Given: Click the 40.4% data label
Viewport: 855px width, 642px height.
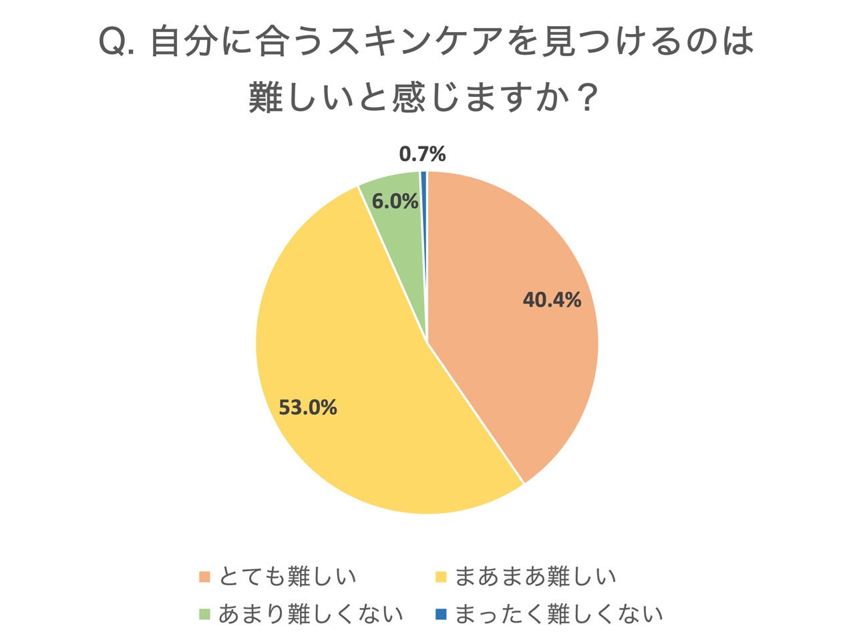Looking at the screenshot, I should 552,300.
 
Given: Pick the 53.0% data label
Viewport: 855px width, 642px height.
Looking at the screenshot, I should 307,407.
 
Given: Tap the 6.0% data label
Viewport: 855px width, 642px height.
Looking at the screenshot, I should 395,201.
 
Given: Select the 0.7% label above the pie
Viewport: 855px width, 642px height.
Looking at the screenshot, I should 422,154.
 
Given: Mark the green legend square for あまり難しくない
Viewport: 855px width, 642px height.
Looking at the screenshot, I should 204,614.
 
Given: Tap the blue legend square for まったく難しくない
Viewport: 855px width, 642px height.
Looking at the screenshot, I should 440,614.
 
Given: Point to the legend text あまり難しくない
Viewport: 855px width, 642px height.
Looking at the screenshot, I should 311,614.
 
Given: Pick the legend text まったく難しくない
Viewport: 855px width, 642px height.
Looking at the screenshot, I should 558,614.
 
